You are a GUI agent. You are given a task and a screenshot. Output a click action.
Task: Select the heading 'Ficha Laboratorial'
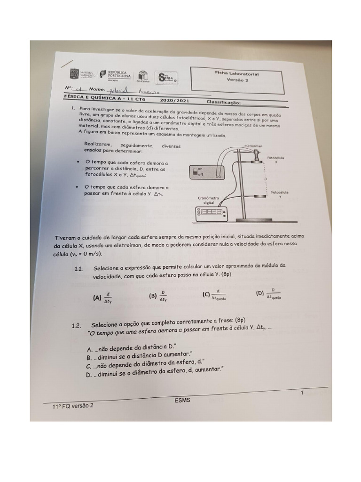click(x=237, y=74)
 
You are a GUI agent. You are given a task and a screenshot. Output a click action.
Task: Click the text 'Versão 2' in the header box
click(x=237, y=80)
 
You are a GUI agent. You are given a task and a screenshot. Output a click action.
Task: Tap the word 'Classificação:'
click(x=223, y=102)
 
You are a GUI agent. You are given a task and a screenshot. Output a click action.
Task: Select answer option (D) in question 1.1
click(x=268, y=294)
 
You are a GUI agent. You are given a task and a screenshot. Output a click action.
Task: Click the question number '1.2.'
click(x=77, y=325)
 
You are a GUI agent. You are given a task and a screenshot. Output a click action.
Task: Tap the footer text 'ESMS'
click(x=182, y=400)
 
